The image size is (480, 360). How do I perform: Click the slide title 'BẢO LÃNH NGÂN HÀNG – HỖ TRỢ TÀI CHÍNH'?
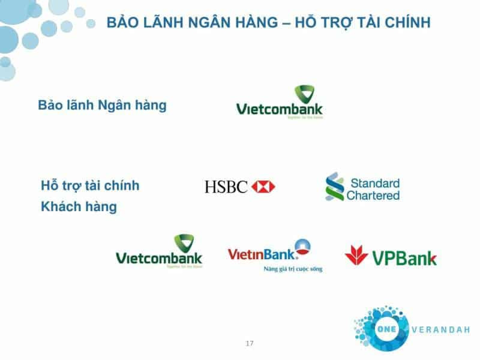(x=268, y=23)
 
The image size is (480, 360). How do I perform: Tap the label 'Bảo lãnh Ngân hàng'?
(x=102, y=105)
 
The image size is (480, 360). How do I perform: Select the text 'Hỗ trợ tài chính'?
(x=90, y=185)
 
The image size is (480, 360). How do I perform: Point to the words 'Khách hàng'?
(x=79, y=207)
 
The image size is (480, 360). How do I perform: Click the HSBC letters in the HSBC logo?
(x=226, y=187)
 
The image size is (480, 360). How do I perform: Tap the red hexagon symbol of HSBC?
(x=263, y=187)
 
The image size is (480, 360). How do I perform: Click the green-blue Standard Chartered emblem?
(x=334, y=187)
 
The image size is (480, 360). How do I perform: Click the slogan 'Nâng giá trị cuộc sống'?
(x=293, y=269)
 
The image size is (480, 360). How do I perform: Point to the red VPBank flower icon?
(x=356, y=255)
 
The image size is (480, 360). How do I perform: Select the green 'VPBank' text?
(x=404, y=258)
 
